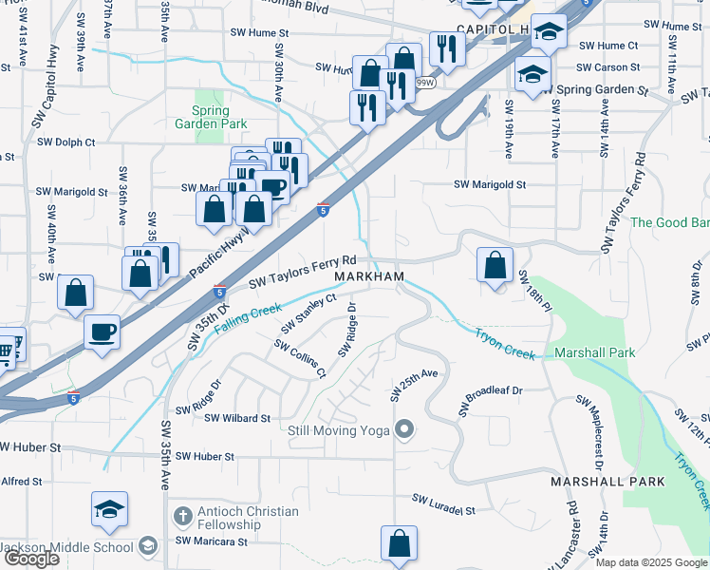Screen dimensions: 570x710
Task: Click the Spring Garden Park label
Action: (x=212, y=116)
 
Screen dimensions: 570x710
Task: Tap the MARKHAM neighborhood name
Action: (x=369, y=276)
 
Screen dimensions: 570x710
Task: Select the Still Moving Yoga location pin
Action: (x=404, y=430)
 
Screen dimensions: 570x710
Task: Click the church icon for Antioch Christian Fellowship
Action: (x=182, y=518)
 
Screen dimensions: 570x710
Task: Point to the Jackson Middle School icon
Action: (x=147, y=546)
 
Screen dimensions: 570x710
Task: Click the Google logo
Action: (x=31, y=558)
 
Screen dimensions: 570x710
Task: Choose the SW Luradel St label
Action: (x=443, y=503)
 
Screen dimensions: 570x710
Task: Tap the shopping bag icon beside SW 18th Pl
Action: (x=495, y=266)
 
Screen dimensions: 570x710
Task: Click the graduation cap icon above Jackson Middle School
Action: (x=110, y=510)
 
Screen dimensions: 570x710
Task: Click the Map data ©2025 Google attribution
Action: (x=651, y=562)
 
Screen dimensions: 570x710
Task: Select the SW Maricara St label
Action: (x=211, y=541)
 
